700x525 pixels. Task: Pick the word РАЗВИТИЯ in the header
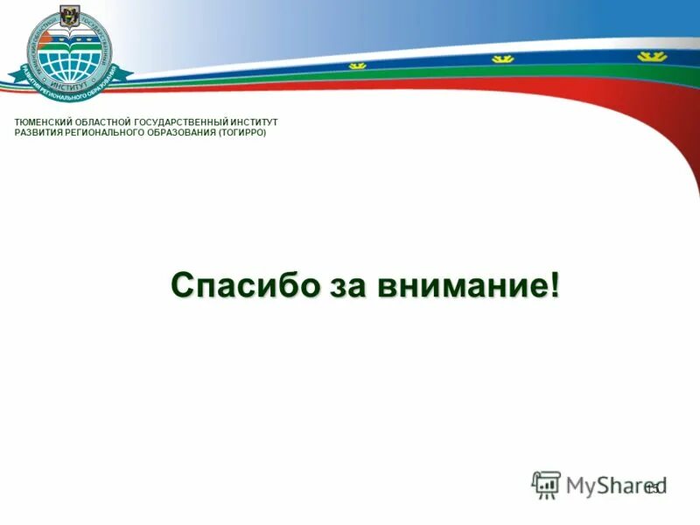[x=39, y=133]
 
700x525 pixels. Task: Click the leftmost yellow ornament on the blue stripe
[x=358, y=65]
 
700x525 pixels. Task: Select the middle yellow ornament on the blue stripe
[x=501, y=59]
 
